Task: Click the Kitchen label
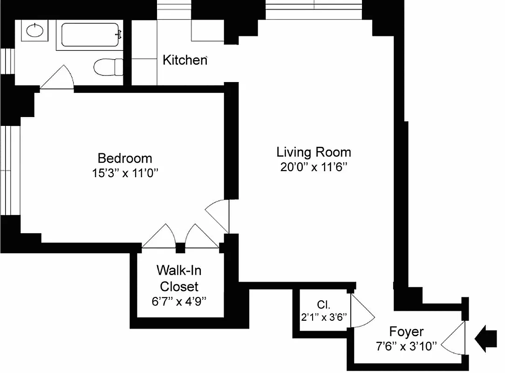coord(184,60)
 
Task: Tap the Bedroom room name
coord(125,158)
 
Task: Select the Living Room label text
coord(314,152)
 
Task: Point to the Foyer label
coord(406,332)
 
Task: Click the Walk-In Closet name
coord(179,278)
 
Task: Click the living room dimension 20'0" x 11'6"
coord(314,167)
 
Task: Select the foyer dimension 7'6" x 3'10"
coord(406,346)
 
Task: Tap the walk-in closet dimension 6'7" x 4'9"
coord(179,301)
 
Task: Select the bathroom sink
coord(34,31)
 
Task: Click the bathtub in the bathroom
coord(90,35)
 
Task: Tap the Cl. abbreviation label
coord(323,305)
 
